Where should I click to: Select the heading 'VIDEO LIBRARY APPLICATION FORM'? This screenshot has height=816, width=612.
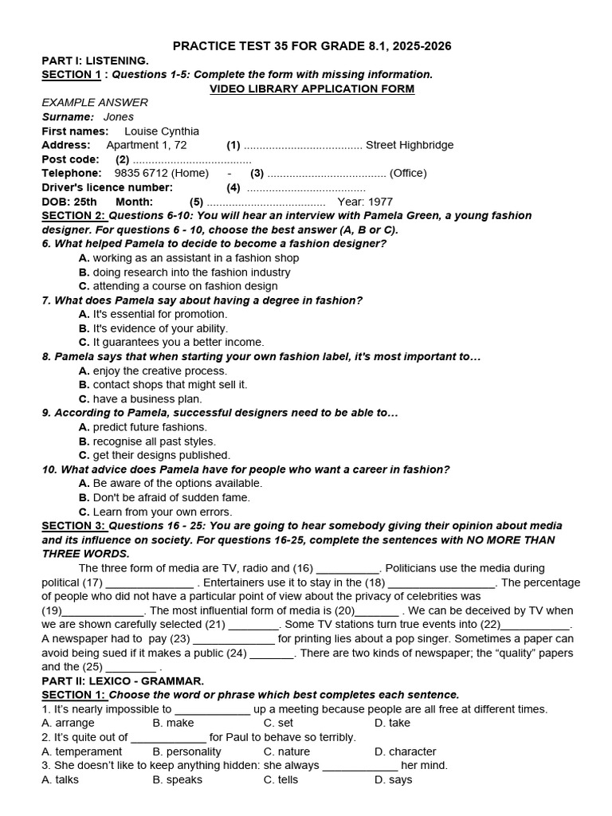point(312,88)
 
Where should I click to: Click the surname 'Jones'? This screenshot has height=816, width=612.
point(119,117)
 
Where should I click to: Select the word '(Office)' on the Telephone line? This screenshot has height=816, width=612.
point(407,173)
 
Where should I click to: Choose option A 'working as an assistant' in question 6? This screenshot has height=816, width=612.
point(189,258)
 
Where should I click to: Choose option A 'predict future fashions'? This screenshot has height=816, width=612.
point(143,427)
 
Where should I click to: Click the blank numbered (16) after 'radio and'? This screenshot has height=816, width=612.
point(347,569)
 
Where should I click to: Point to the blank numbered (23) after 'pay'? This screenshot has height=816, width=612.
point(233,639)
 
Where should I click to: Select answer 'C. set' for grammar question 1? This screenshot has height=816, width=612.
point(279,724)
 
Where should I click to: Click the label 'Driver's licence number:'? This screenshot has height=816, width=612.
point(107,187)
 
